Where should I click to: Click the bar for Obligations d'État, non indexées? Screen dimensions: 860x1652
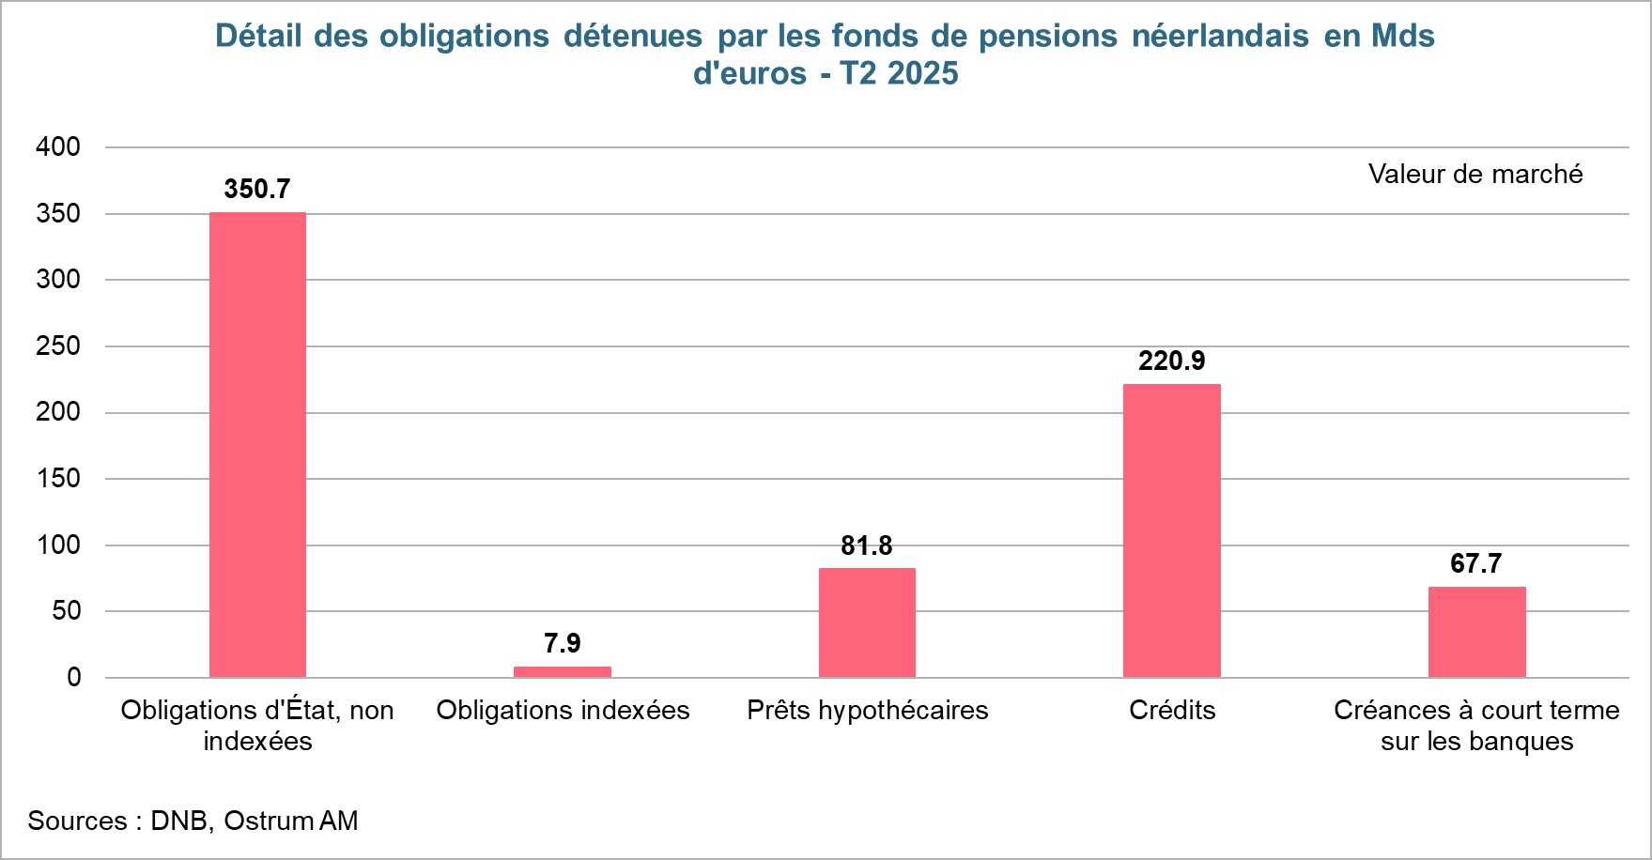pyautogui.click(x=257, y=444)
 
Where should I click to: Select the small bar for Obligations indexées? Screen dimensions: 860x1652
pyautogui.click(x=562, y=671)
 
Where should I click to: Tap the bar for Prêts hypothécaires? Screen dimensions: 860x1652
pyautogui.click(x=867, y=622)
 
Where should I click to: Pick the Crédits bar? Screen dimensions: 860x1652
pyautogui.click(x=1171, y=530)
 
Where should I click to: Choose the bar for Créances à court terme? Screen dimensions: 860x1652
pyautogui.click(x=1476, y=631)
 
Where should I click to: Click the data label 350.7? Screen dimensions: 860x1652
pyautogui.click(x=257, y=189)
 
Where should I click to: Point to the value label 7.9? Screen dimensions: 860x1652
pyautogui.click(x=562, y=643)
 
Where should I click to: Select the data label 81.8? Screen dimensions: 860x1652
pyautogui.click(x=867, y=545)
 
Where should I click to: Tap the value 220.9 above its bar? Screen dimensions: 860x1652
pyautogui.click(x=1171, y=361)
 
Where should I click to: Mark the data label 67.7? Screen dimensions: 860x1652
pyautogui.click(x=1476, y=563)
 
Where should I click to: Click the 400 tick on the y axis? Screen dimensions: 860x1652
pyautogui.click(x=58, y=146)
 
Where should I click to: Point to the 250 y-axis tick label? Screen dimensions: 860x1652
pyautogui.click(x=58, y=346)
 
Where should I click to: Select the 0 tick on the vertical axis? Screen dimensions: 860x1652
pyautogui.click(x=73, y=677)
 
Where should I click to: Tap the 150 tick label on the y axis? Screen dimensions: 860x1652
pyautogui.click(x=58, y=478)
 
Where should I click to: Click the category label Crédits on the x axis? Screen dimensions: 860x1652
pyautogui.click(x=1171, y=710)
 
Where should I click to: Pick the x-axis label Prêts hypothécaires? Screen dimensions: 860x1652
pyautogui.click(x=867, y=710)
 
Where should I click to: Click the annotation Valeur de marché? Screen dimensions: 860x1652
pyautogui.click(x=1474, y=174)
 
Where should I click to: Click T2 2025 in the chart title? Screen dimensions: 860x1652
pyautogui.click(x=899, y=73)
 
